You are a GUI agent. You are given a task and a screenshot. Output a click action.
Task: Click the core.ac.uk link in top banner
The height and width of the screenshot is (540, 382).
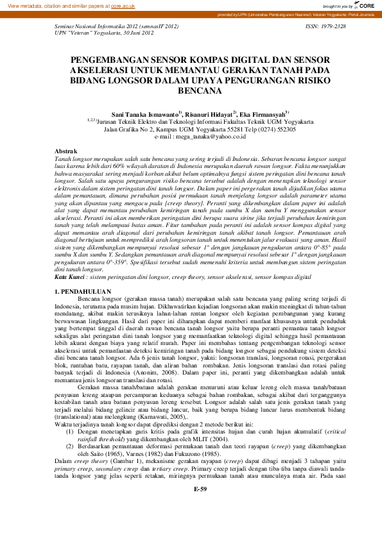(119, 5)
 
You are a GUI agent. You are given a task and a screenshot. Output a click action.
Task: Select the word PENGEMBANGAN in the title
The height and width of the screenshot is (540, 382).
(107, 58)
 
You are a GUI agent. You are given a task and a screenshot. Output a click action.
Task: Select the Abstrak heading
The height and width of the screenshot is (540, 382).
(67, 150)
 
